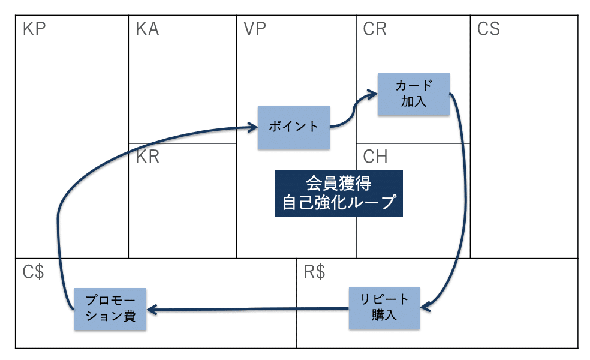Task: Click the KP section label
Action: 34,29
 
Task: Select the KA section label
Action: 147,29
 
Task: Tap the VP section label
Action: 255,29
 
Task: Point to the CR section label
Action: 375,29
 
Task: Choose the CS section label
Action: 489,29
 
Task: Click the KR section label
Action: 147,157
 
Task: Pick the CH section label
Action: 375,157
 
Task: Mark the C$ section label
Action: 34,272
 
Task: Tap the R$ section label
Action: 315,272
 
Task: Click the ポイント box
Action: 293,127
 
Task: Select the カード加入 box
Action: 414,94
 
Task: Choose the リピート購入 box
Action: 385,308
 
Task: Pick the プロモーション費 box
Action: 110,309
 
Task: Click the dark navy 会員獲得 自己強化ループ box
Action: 339,193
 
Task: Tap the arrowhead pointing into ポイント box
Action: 252,127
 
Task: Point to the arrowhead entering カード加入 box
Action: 372,93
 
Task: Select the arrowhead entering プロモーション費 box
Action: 152,310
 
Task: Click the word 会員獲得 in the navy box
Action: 339,183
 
